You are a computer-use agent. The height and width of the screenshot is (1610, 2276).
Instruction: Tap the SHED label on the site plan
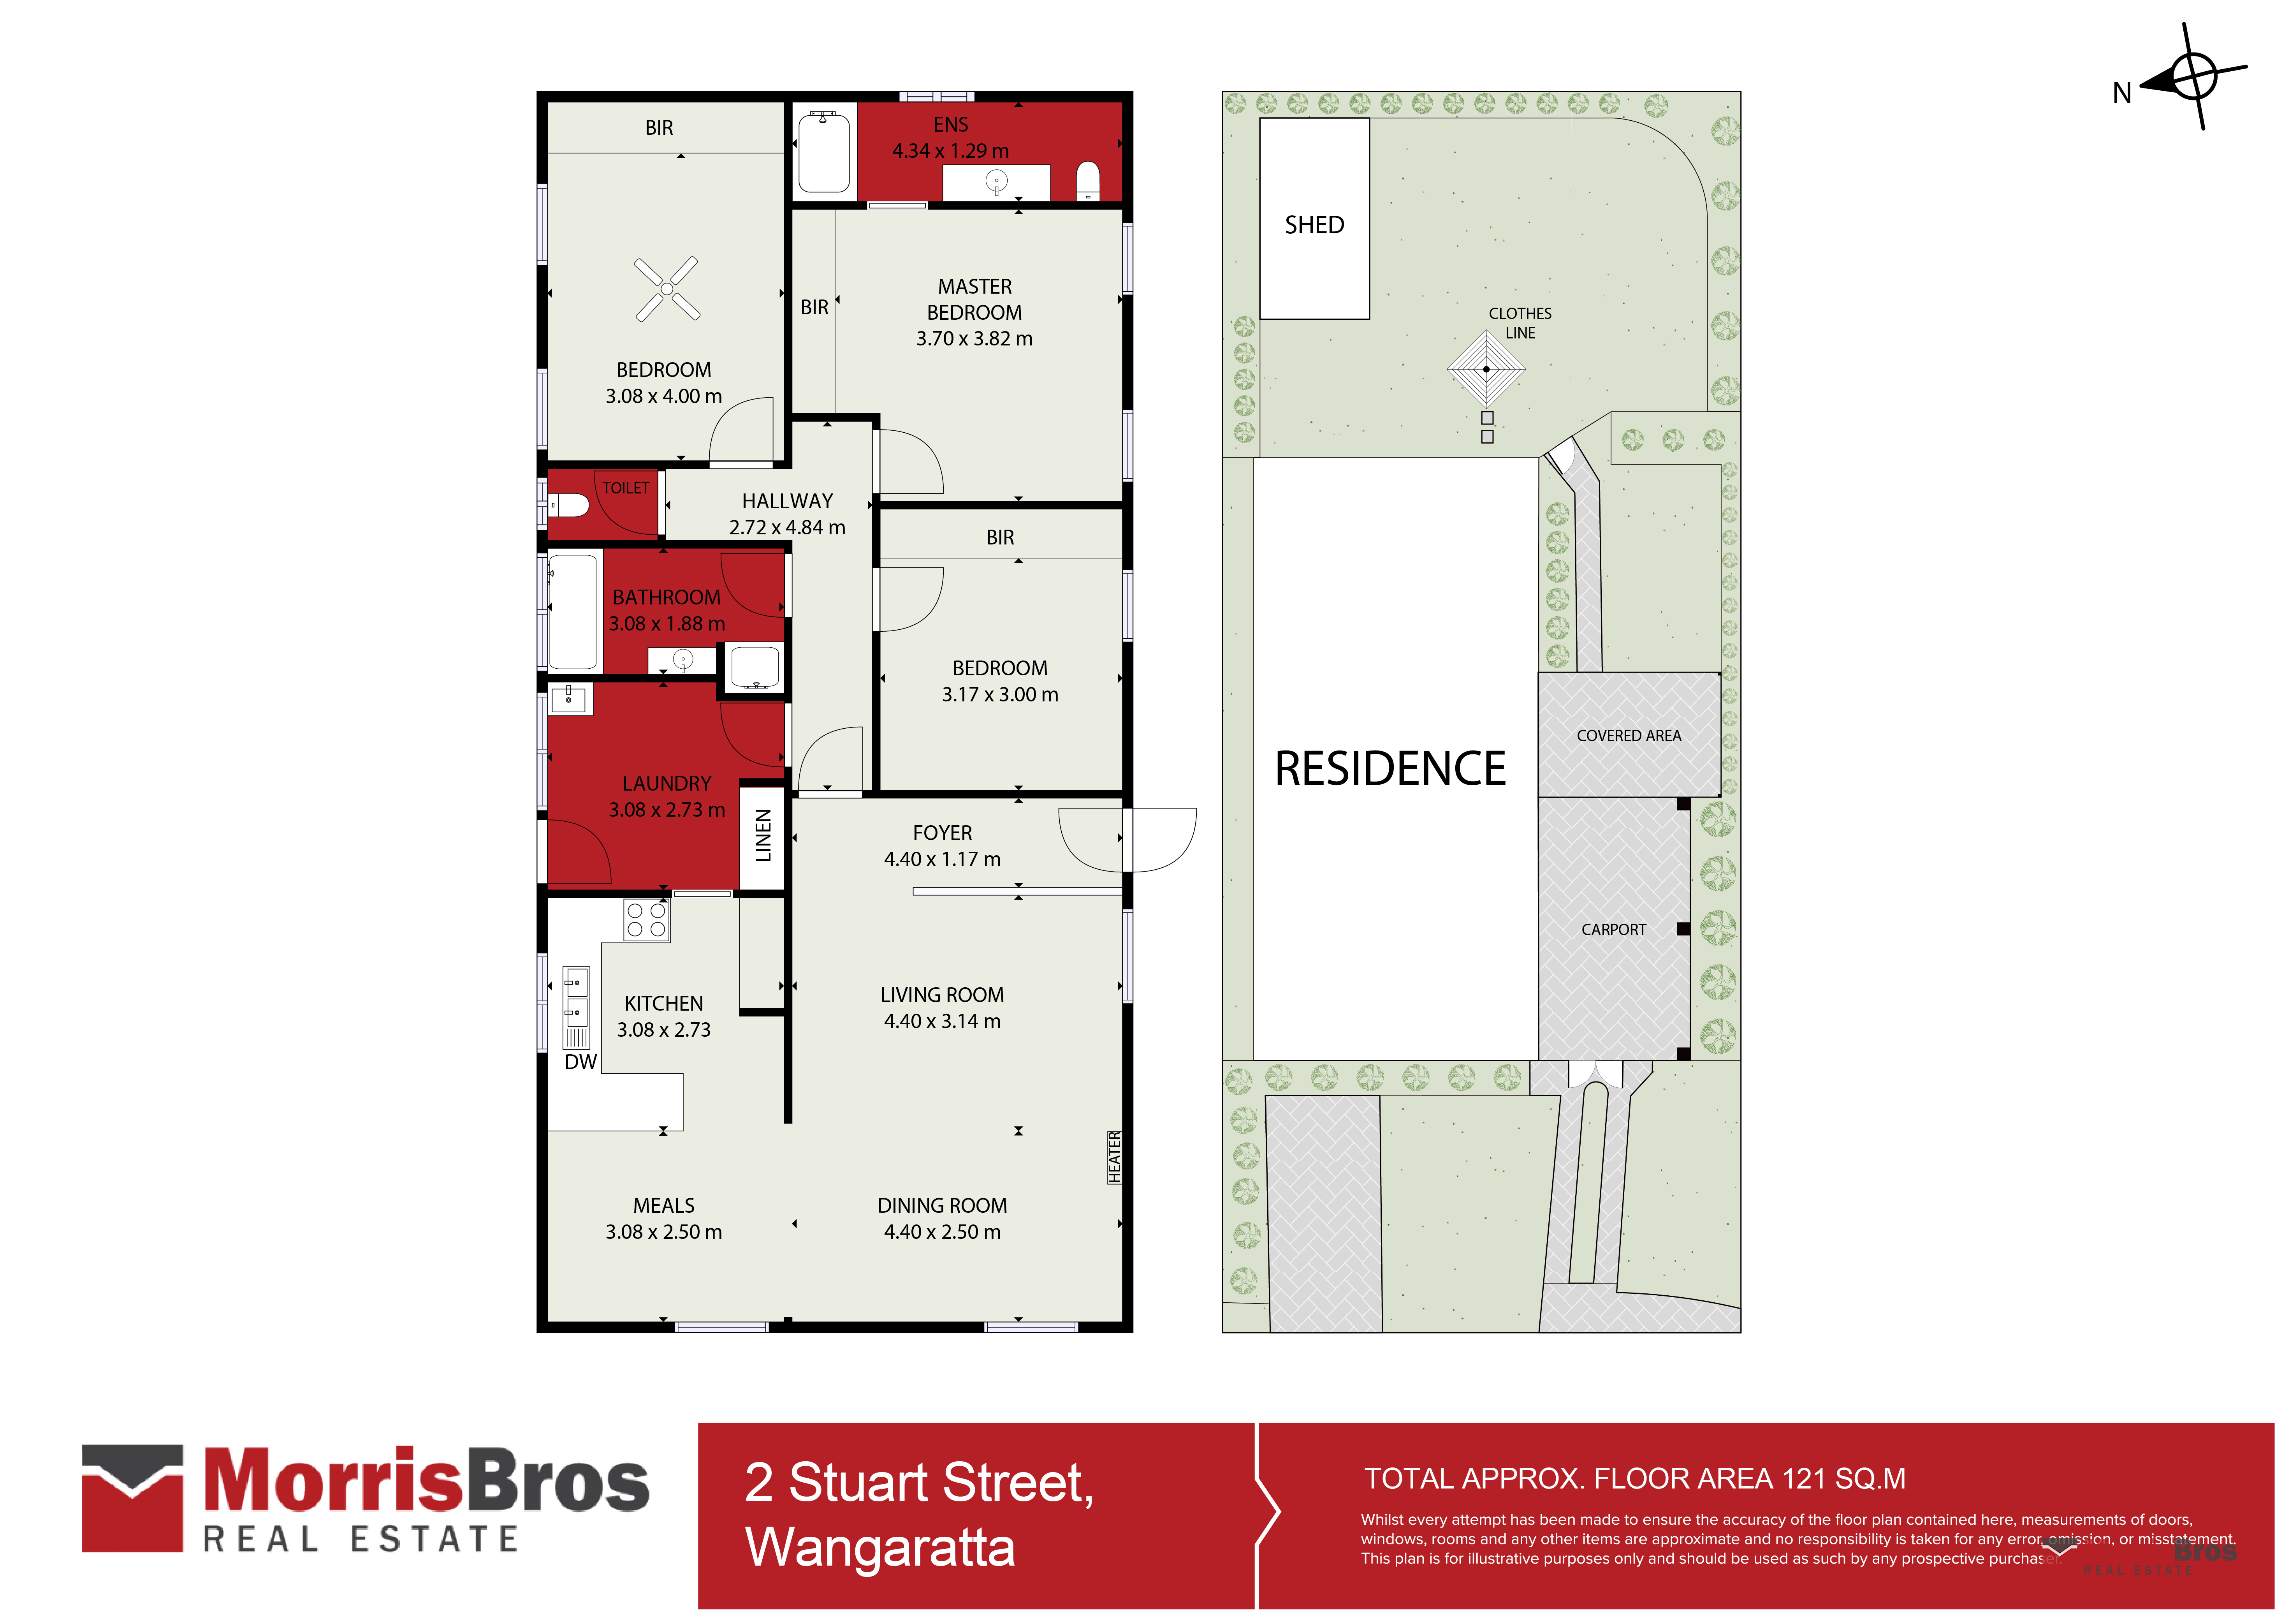tap(1314, 225)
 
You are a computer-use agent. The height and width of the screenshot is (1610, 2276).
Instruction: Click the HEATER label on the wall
tap(1114, 1157)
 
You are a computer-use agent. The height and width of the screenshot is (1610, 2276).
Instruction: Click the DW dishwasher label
tap(581, 1062)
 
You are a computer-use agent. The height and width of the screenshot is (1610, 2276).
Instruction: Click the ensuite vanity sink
tap(996, 181)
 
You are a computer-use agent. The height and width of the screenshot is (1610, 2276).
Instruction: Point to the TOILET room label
tap(626, 488)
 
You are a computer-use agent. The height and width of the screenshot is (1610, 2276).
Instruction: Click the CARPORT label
tap(1613, 930)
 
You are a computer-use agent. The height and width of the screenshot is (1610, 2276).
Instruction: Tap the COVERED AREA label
tap(1629, 736)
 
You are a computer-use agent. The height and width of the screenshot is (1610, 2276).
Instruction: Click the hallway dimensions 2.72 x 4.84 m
tap(787, 527)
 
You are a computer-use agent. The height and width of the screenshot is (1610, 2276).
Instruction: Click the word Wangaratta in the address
tap(880, 1548)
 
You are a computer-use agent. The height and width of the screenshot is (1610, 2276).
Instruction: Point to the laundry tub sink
tap(569, 698)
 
